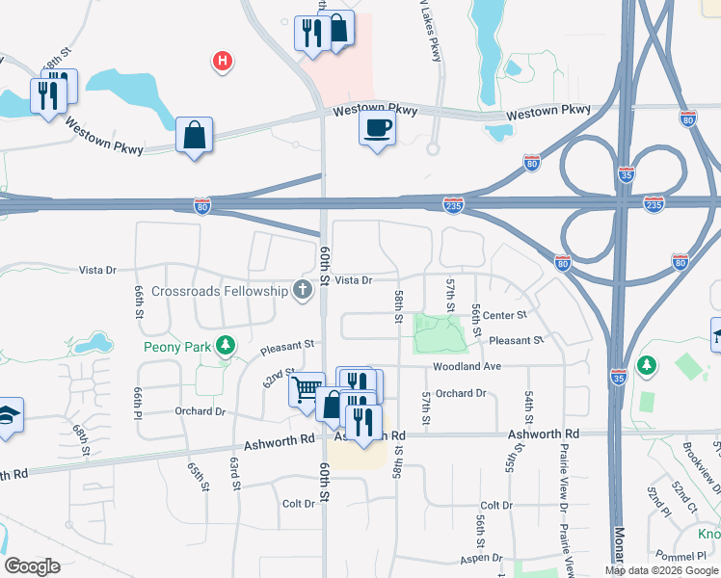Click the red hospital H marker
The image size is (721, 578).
click(x=223, y=63)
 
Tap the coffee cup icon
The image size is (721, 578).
click(x=377, y=127)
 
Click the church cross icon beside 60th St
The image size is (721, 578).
click(x=303, y=290)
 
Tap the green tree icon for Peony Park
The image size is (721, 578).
click(x=226, y=344)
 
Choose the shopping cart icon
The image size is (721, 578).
click(x=307, y=388)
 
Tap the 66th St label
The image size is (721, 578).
click(x=139, y=302)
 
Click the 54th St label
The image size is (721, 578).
click(x=529, y=407)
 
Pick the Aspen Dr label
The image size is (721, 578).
click(x=482, y=558)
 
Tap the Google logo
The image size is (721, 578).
click(x=32, y=566)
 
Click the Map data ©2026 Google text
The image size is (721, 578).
click(x=661, y=570)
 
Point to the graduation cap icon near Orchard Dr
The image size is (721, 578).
click(x=8, y=416)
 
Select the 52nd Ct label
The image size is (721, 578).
click(x=686, y=501)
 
